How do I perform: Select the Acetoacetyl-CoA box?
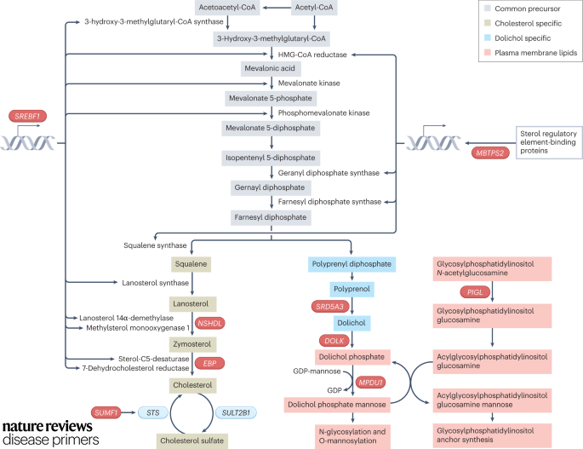[x=226, y=8]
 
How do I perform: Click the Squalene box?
[x=190, y=264]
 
